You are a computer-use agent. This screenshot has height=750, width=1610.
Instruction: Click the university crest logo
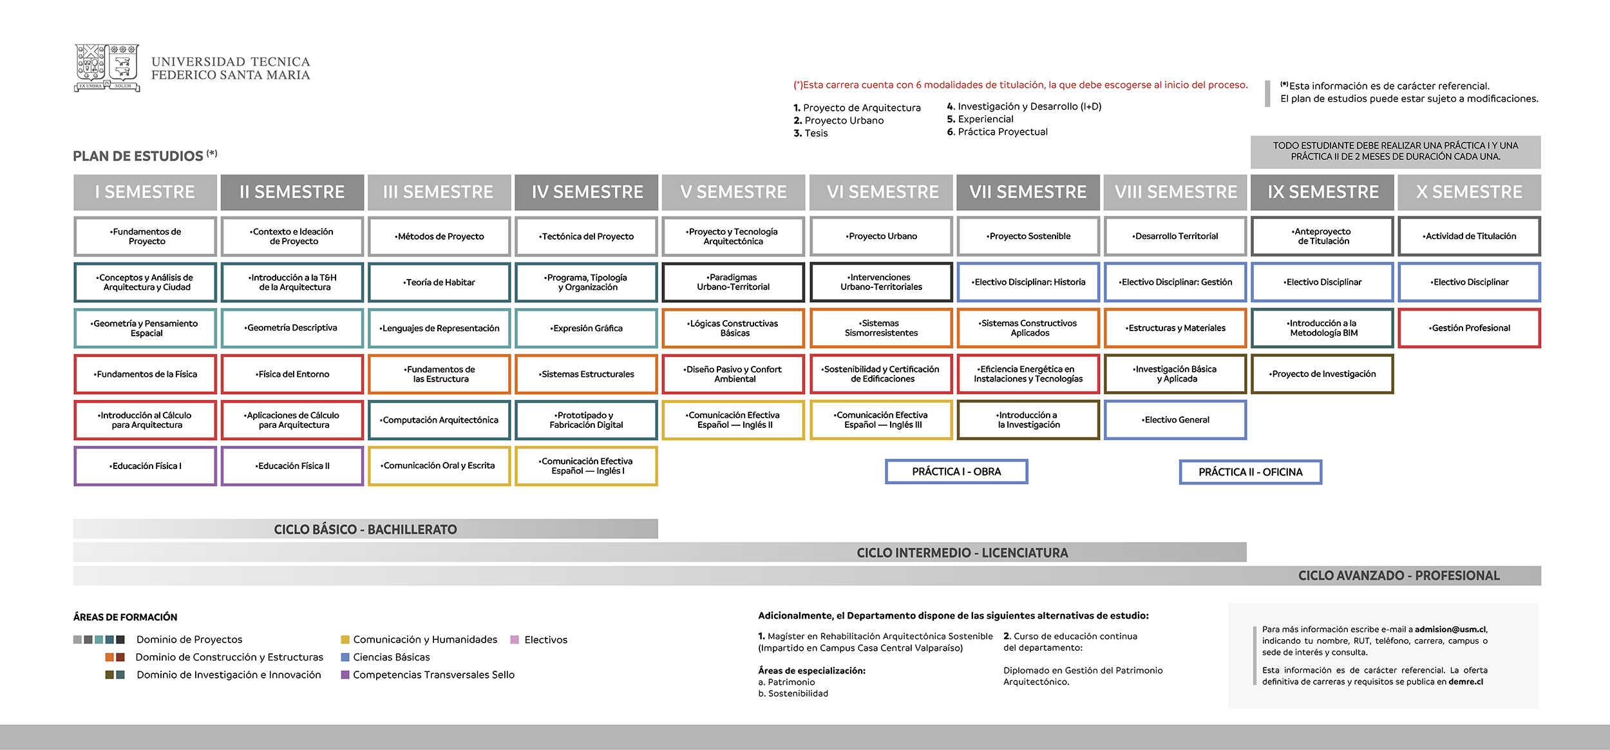click(107, 68)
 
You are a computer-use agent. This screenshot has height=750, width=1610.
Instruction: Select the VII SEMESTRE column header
click(1028, 192)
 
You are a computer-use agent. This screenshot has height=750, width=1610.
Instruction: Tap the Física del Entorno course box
click(292, 374)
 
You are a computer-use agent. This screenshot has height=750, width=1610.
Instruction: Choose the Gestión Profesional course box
click(1469, 328)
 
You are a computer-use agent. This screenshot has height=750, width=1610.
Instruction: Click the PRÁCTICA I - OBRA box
click(956, 472)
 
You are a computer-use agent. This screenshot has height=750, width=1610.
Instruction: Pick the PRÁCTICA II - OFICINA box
click(1250, 472)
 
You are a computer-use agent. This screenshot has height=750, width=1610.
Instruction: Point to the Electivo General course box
click(1175, 420)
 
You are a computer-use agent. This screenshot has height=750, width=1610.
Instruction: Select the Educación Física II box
click(292, 466)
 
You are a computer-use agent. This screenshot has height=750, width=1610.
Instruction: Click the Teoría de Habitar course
click(439, 282)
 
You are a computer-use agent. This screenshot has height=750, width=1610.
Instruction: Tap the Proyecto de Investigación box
click(1322, 374)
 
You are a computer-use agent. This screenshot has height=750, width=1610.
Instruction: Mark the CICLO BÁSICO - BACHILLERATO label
click(365, 530)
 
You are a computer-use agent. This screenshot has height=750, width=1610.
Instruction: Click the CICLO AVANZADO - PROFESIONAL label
click(1399, 576)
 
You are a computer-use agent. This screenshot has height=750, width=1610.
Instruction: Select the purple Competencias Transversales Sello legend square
click(345, 675)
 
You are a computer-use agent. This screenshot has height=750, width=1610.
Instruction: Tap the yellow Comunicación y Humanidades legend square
click(345, 640)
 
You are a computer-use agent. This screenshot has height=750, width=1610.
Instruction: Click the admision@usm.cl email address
click(1450, 630)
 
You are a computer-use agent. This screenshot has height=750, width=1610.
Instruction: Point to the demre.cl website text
click(1466, 682)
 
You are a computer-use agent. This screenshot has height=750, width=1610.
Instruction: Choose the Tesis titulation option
click(815, 133)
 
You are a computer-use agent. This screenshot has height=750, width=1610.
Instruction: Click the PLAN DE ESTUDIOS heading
click(138, 156)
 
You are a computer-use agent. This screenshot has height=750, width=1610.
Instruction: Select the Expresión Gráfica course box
click(586, 328)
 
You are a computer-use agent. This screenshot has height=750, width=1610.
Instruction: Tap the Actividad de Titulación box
click(1469, 236)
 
